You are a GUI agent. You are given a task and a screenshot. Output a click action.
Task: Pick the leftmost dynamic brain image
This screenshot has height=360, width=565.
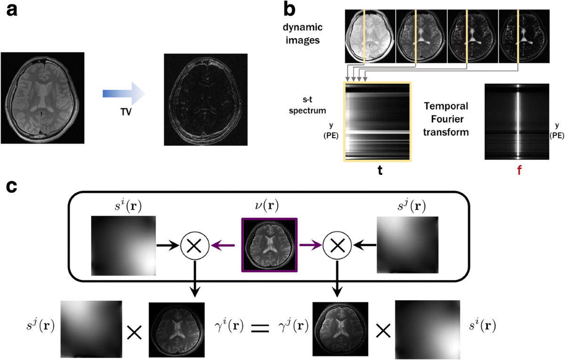(370, 36)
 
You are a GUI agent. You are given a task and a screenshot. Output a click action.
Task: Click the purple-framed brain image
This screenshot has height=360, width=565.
(269, 245)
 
